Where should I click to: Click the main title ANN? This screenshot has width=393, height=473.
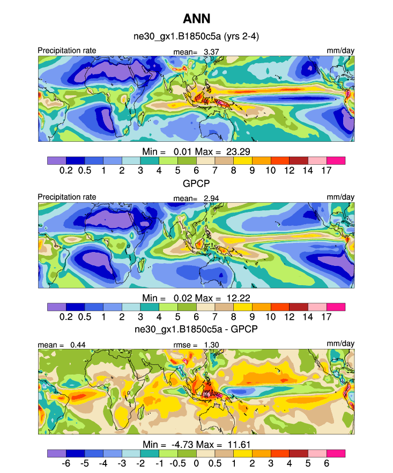coord(196,19)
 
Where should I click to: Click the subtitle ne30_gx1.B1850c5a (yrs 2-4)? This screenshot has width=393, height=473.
coord(196,36)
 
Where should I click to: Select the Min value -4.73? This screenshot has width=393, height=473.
coord(189,444)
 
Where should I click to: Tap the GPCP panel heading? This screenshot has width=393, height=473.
coord(196,182)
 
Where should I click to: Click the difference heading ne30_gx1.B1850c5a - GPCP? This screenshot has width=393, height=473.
coord(196,329)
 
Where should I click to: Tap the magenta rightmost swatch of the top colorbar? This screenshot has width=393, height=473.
coord(336,160)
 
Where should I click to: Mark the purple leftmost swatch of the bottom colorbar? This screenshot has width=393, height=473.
coord(56,453)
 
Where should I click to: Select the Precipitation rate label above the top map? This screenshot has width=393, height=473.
coord(67,51)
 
